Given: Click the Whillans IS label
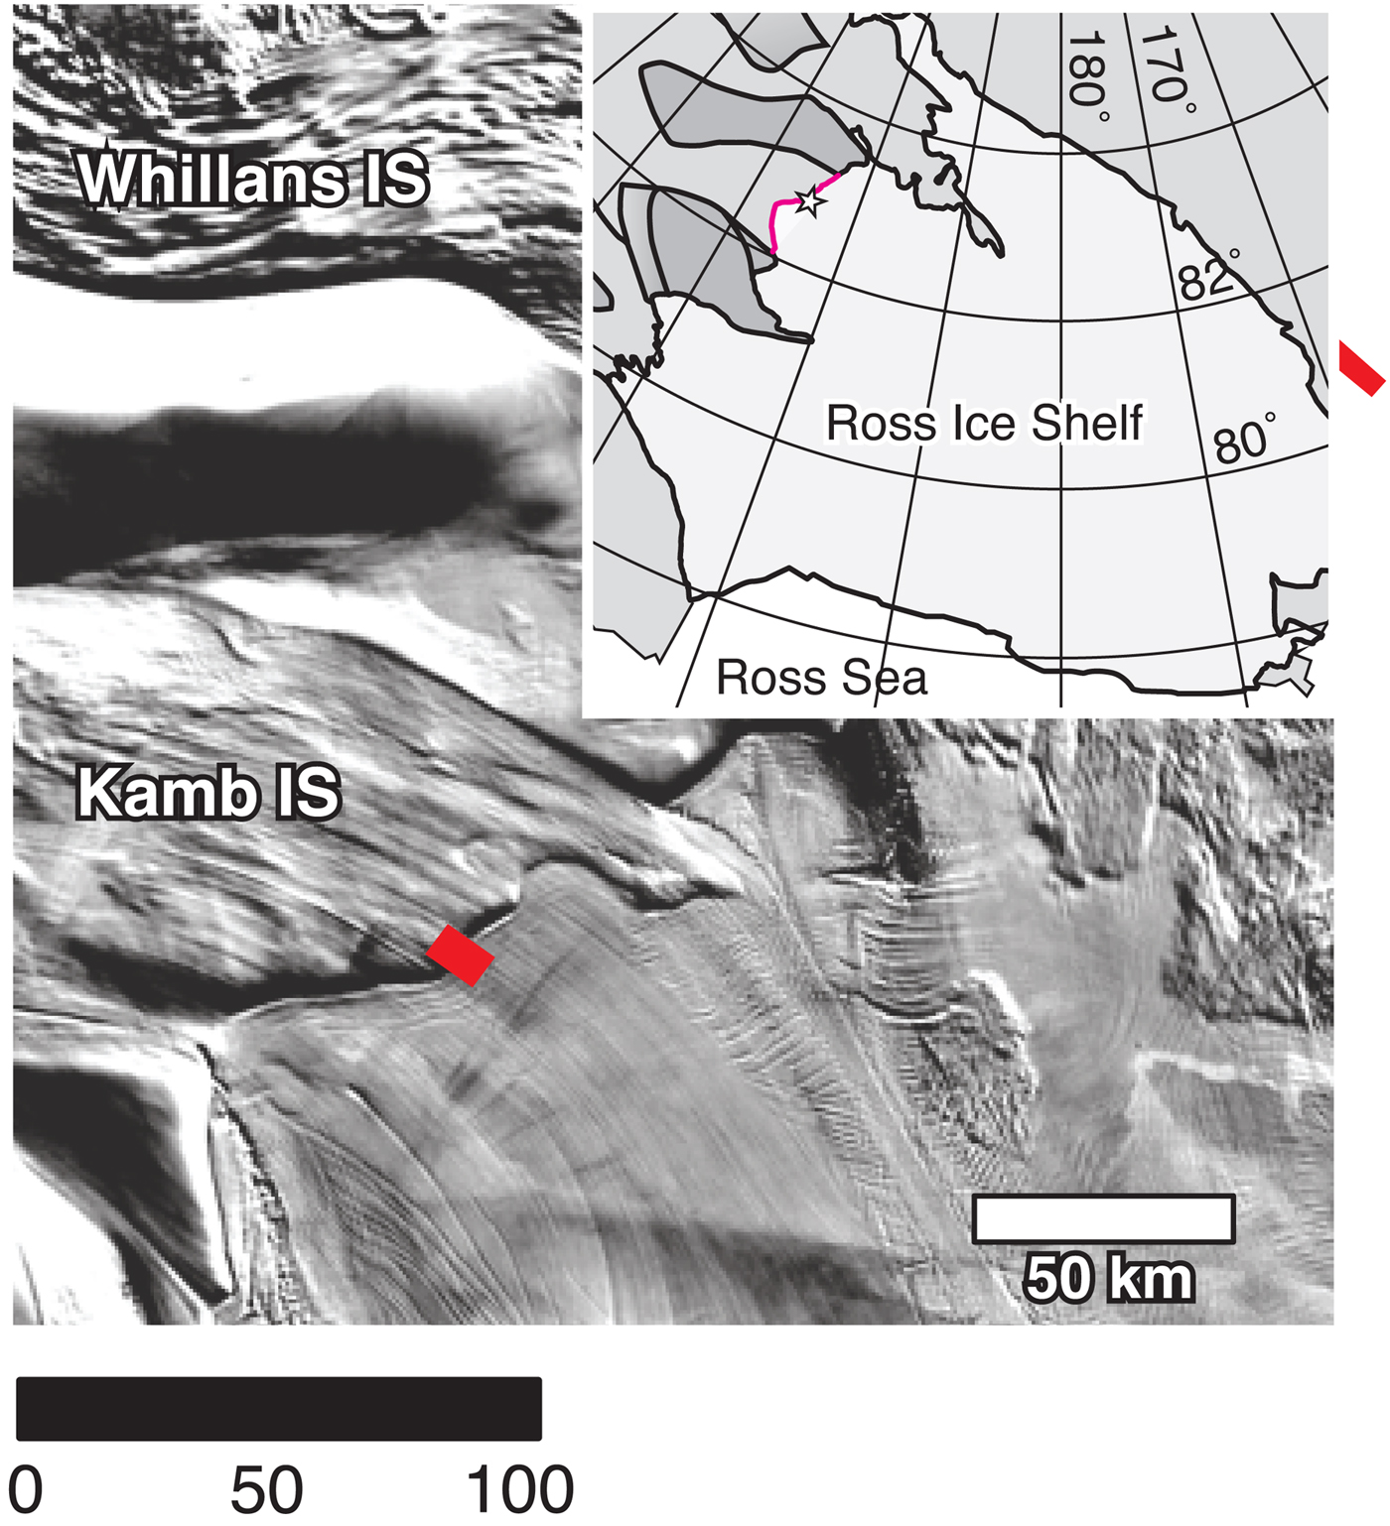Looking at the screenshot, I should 252,180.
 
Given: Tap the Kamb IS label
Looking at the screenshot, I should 208,793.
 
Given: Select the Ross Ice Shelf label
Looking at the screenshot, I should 984,423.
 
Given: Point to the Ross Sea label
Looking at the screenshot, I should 821,678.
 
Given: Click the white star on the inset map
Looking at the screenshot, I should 810,201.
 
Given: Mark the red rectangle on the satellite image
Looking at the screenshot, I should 460,954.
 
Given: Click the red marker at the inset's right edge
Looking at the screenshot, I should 1361,367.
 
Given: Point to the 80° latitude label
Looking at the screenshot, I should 1244,440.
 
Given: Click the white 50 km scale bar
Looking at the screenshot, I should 1103,1219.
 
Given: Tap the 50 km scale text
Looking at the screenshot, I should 1108,1278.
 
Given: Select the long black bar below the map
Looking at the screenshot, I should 279,1408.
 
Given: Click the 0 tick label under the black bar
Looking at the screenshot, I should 26,1488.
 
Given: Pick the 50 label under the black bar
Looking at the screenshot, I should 266,1488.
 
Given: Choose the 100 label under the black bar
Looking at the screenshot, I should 519,1488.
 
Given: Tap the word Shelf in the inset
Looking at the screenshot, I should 1086,423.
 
